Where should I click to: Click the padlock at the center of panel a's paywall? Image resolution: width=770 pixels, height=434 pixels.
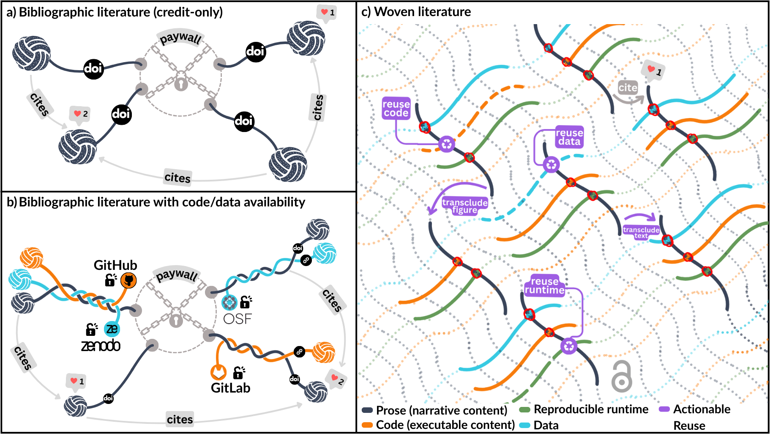coord(181,83)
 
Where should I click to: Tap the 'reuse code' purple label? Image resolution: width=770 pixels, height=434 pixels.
coord(396,109)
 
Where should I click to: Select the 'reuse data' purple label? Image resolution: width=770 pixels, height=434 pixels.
coord(569,137)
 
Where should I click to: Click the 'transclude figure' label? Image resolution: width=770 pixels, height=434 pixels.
coord(464,206)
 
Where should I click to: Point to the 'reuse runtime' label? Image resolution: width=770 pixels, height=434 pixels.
coord(544,286)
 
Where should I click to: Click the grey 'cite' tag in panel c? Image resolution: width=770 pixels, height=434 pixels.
coord(628,88)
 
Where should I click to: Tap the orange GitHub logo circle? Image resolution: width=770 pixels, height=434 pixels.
coord(128,280)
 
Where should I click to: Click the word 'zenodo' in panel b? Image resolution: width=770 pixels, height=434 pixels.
coord(101,346)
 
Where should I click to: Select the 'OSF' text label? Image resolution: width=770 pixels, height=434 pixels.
coord(237,319)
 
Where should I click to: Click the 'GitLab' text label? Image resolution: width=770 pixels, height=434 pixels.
coord(230,388)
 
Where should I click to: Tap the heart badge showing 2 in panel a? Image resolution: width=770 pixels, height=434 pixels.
coord(80,114)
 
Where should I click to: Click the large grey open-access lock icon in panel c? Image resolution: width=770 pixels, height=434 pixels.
coord(621,376)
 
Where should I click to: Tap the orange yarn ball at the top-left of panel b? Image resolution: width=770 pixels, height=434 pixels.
coord(32,258)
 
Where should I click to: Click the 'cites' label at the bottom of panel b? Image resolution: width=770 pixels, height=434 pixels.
coord(180,419)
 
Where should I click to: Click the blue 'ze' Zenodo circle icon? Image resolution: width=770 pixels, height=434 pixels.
coord(112,329)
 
